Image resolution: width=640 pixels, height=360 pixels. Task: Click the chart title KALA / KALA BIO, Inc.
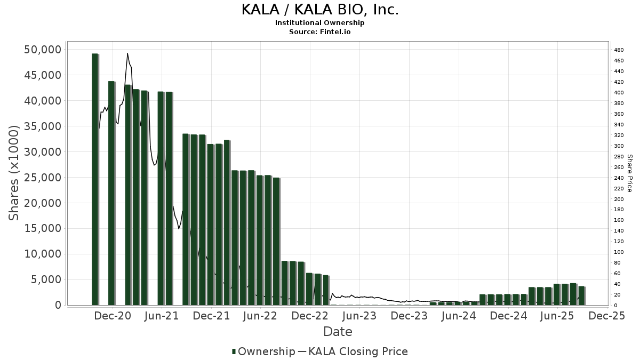pos(320,10)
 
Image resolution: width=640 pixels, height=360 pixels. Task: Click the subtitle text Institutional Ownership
pos(320,23)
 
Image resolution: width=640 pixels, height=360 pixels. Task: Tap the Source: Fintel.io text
pos(320,31)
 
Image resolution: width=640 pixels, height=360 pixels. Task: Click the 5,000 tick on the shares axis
pos(47,280)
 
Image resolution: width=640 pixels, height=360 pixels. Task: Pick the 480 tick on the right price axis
pos(619,50)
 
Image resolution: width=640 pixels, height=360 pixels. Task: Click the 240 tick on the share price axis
pos(619,178)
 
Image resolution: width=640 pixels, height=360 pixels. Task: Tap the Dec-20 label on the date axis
pos(113,316)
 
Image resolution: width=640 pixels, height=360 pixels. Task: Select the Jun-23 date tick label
pos(359,316)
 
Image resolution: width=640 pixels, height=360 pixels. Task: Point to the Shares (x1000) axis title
pos(14,173)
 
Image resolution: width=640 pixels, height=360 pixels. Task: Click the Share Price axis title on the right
pos(630,173)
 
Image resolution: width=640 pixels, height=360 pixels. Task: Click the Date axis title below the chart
pos(338,332)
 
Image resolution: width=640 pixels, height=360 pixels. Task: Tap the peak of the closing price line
pos(127,53)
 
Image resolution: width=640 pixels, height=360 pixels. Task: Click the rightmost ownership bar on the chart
pos(581,295)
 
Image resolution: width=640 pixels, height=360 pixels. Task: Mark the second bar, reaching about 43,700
pos(111,193)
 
